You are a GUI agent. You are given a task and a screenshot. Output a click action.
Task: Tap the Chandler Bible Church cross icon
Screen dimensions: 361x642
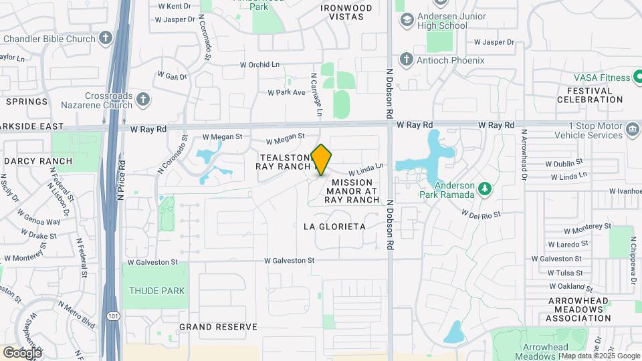coord(106,39)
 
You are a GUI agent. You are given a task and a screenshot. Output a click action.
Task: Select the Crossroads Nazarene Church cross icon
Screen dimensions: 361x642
coord(142,101)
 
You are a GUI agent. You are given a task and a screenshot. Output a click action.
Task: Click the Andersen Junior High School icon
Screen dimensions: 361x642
coord(406,20)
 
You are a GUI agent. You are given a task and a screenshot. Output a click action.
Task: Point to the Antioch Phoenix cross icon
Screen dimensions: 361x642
coord(406,60)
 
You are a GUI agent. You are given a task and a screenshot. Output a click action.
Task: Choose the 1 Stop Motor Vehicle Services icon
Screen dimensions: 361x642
coord(632,130)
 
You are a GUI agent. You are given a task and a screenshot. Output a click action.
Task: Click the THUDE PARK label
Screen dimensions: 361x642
coord(156,291)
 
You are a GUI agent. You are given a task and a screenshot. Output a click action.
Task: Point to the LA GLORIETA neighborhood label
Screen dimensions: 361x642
coord(334,227)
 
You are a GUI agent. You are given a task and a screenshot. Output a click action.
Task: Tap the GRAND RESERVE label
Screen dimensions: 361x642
coord(218,327)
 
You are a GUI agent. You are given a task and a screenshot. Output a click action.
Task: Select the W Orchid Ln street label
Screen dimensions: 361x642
coord(260,65)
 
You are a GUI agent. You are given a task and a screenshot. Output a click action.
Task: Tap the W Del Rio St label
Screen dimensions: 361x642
coord(481,214)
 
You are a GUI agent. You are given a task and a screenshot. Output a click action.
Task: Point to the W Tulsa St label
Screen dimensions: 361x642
coord(565,273)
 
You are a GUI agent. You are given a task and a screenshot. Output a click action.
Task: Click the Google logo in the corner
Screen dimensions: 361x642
coord(22,352)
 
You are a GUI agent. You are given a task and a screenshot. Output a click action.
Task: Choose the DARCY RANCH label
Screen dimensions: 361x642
coord(37,161)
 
